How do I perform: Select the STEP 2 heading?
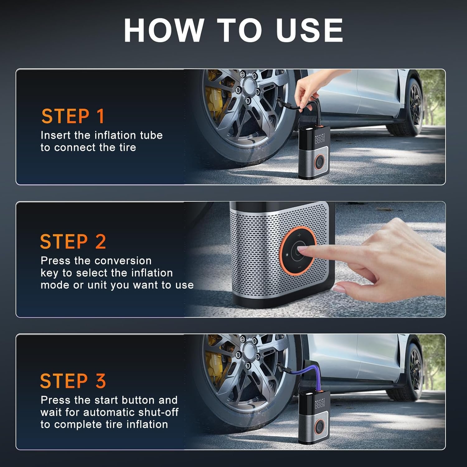[x=73, y=242]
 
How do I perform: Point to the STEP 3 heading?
[x=73, y=381]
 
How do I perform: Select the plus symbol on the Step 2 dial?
[x=299, y=235]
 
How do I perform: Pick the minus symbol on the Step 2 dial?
[x=299, y=267]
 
